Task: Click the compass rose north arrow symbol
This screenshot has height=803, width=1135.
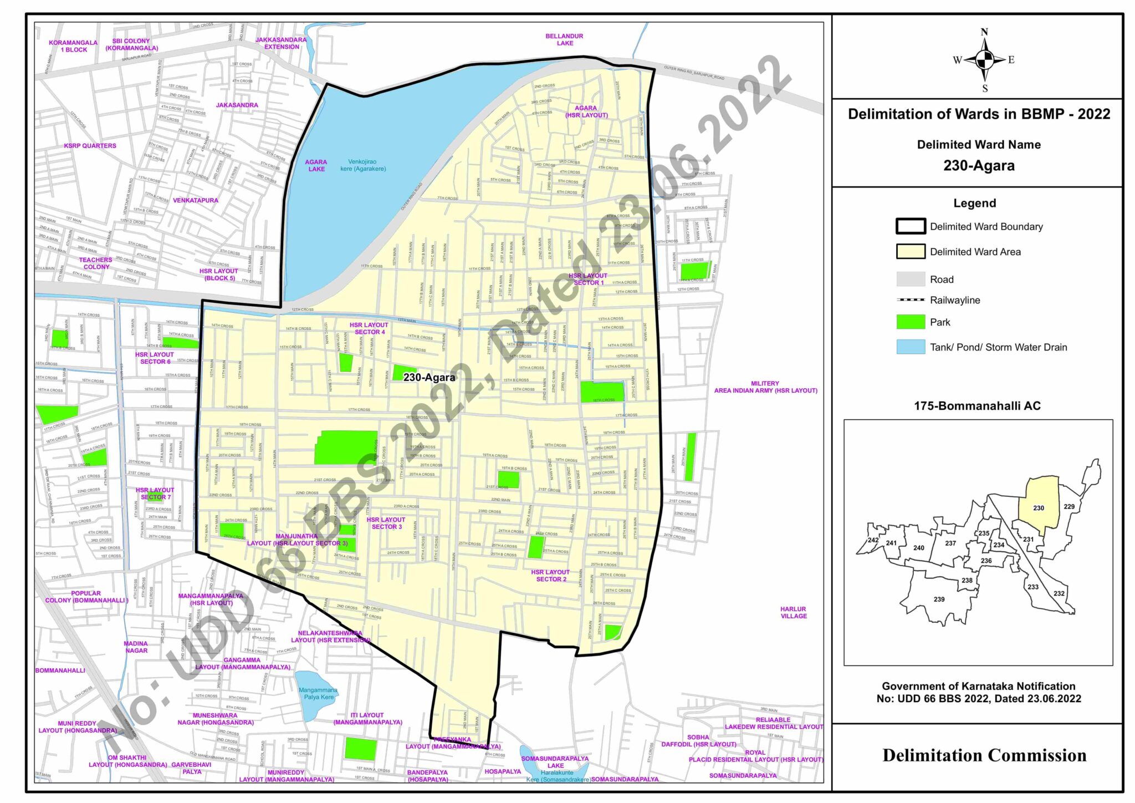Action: (x=984, y=59)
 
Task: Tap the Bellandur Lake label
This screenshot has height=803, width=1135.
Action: (x=564, y=39)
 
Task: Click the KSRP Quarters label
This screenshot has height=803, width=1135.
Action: (x=90, y=146)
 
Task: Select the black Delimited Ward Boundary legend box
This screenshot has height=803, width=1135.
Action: (x=911, y=226)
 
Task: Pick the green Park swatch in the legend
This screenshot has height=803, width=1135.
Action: (x=911, y=322)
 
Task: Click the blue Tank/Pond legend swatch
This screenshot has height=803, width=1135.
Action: (x=911, y=347)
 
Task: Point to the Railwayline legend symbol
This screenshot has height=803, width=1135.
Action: (x=911, y=300)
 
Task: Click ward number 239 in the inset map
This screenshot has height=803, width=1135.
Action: (x=939, y=599)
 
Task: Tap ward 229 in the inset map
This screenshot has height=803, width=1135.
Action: (x=1069, y=506)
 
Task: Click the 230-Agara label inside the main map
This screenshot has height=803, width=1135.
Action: (x=429, y=378)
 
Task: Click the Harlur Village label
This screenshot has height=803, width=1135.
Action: (x=793, y=612)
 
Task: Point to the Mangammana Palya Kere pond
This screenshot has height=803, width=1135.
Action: (x=317, y=693)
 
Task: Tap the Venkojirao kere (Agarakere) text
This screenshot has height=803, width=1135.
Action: (x=363, y=165)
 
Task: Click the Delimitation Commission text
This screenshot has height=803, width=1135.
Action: (x=984, y=755)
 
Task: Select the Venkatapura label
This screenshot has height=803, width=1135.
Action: (x=195, y=200)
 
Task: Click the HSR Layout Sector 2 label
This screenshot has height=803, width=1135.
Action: (x=550, y=576)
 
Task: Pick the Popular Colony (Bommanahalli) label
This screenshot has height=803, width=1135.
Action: (x=86, y=597)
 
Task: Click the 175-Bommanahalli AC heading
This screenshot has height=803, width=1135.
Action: (x=977, y=406)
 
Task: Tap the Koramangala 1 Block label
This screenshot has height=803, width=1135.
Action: (x=73, y=46)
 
